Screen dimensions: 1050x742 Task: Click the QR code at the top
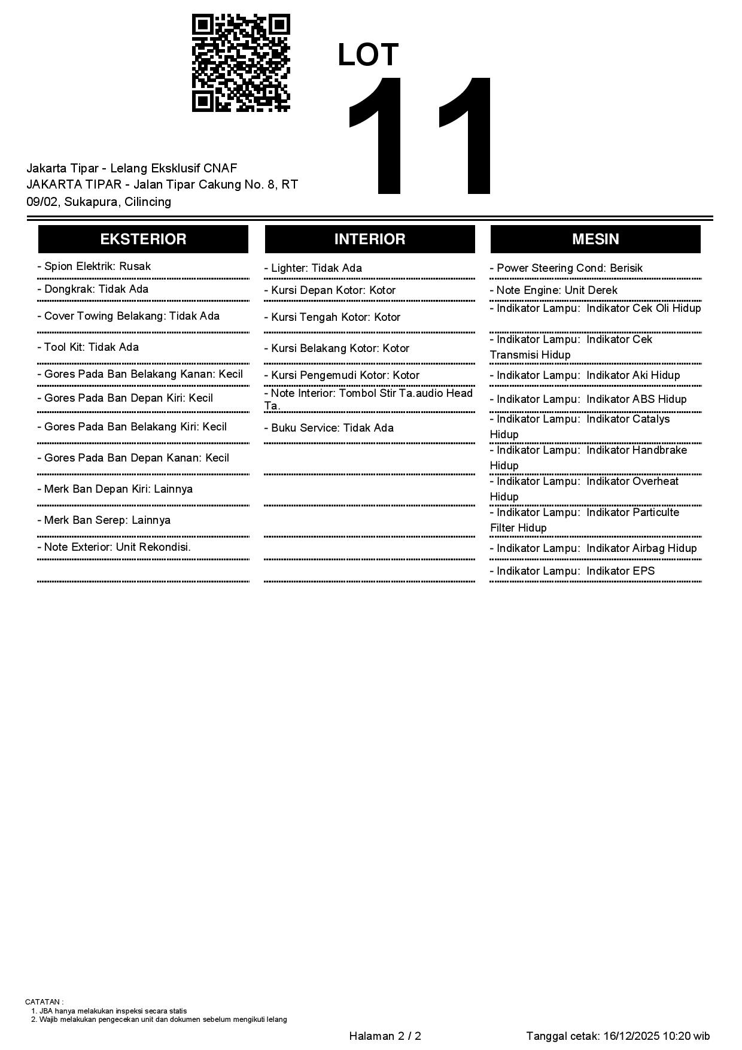click(x=241, y=63)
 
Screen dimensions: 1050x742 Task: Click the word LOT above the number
click(x=368, y=55)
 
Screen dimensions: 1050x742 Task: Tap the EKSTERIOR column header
click(x=143, y=239)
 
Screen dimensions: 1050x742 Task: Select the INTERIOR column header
click(x=370, y=239)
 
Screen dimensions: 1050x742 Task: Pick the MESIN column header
click(x=595, y=239)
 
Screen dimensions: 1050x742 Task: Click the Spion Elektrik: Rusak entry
click(x=94, y=266)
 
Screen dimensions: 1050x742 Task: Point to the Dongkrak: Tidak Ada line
click(x=93, y=289)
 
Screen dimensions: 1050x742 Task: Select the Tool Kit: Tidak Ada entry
click(x=88, y=347)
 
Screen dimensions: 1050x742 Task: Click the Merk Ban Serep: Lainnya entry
click(x=104, y=520)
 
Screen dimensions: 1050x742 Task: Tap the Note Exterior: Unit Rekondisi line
click(x=114, y=547)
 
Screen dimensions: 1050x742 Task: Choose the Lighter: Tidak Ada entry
click(x=313, y=268)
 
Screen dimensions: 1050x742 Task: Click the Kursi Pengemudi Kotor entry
click(x=342, y=375)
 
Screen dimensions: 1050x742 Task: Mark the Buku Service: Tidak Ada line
click(x=329, y=428)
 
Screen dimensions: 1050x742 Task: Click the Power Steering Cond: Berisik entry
click(x=566, y=268)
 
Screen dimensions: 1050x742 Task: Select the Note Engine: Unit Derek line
click(x=554, y=290)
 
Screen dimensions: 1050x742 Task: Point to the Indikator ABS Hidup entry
click(x=588, y=399)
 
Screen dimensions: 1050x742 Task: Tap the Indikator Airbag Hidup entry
click(x=593, y=548)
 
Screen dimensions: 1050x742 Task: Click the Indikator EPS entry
click(x=572, y=571)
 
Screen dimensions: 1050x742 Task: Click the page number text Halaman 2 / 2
click(x=385, y=1036)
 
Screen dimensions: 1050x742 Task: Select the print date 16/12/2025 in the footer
click(x=631, y=1036)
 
